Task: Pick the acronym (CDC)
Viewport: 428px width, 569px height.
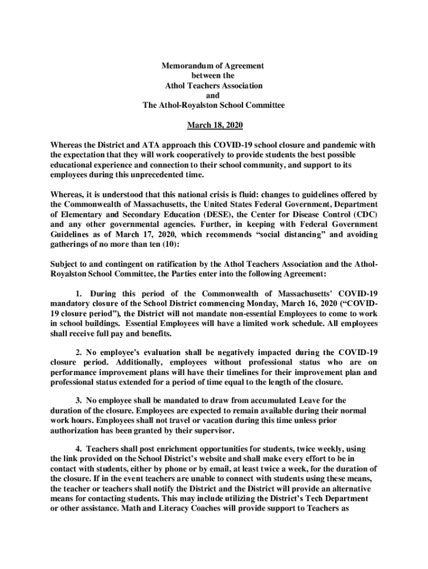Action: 362,215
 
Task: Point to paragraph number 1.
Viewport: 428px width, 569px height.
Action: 78,294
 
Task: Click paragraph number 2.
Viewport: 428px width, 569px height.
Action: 78,353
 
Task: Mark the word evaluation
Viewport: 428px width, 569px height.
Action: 158,353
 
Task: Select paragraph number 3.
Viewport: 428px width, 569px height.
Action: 78,400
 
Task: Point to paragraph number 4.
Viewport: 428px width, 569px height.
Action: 78,448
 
